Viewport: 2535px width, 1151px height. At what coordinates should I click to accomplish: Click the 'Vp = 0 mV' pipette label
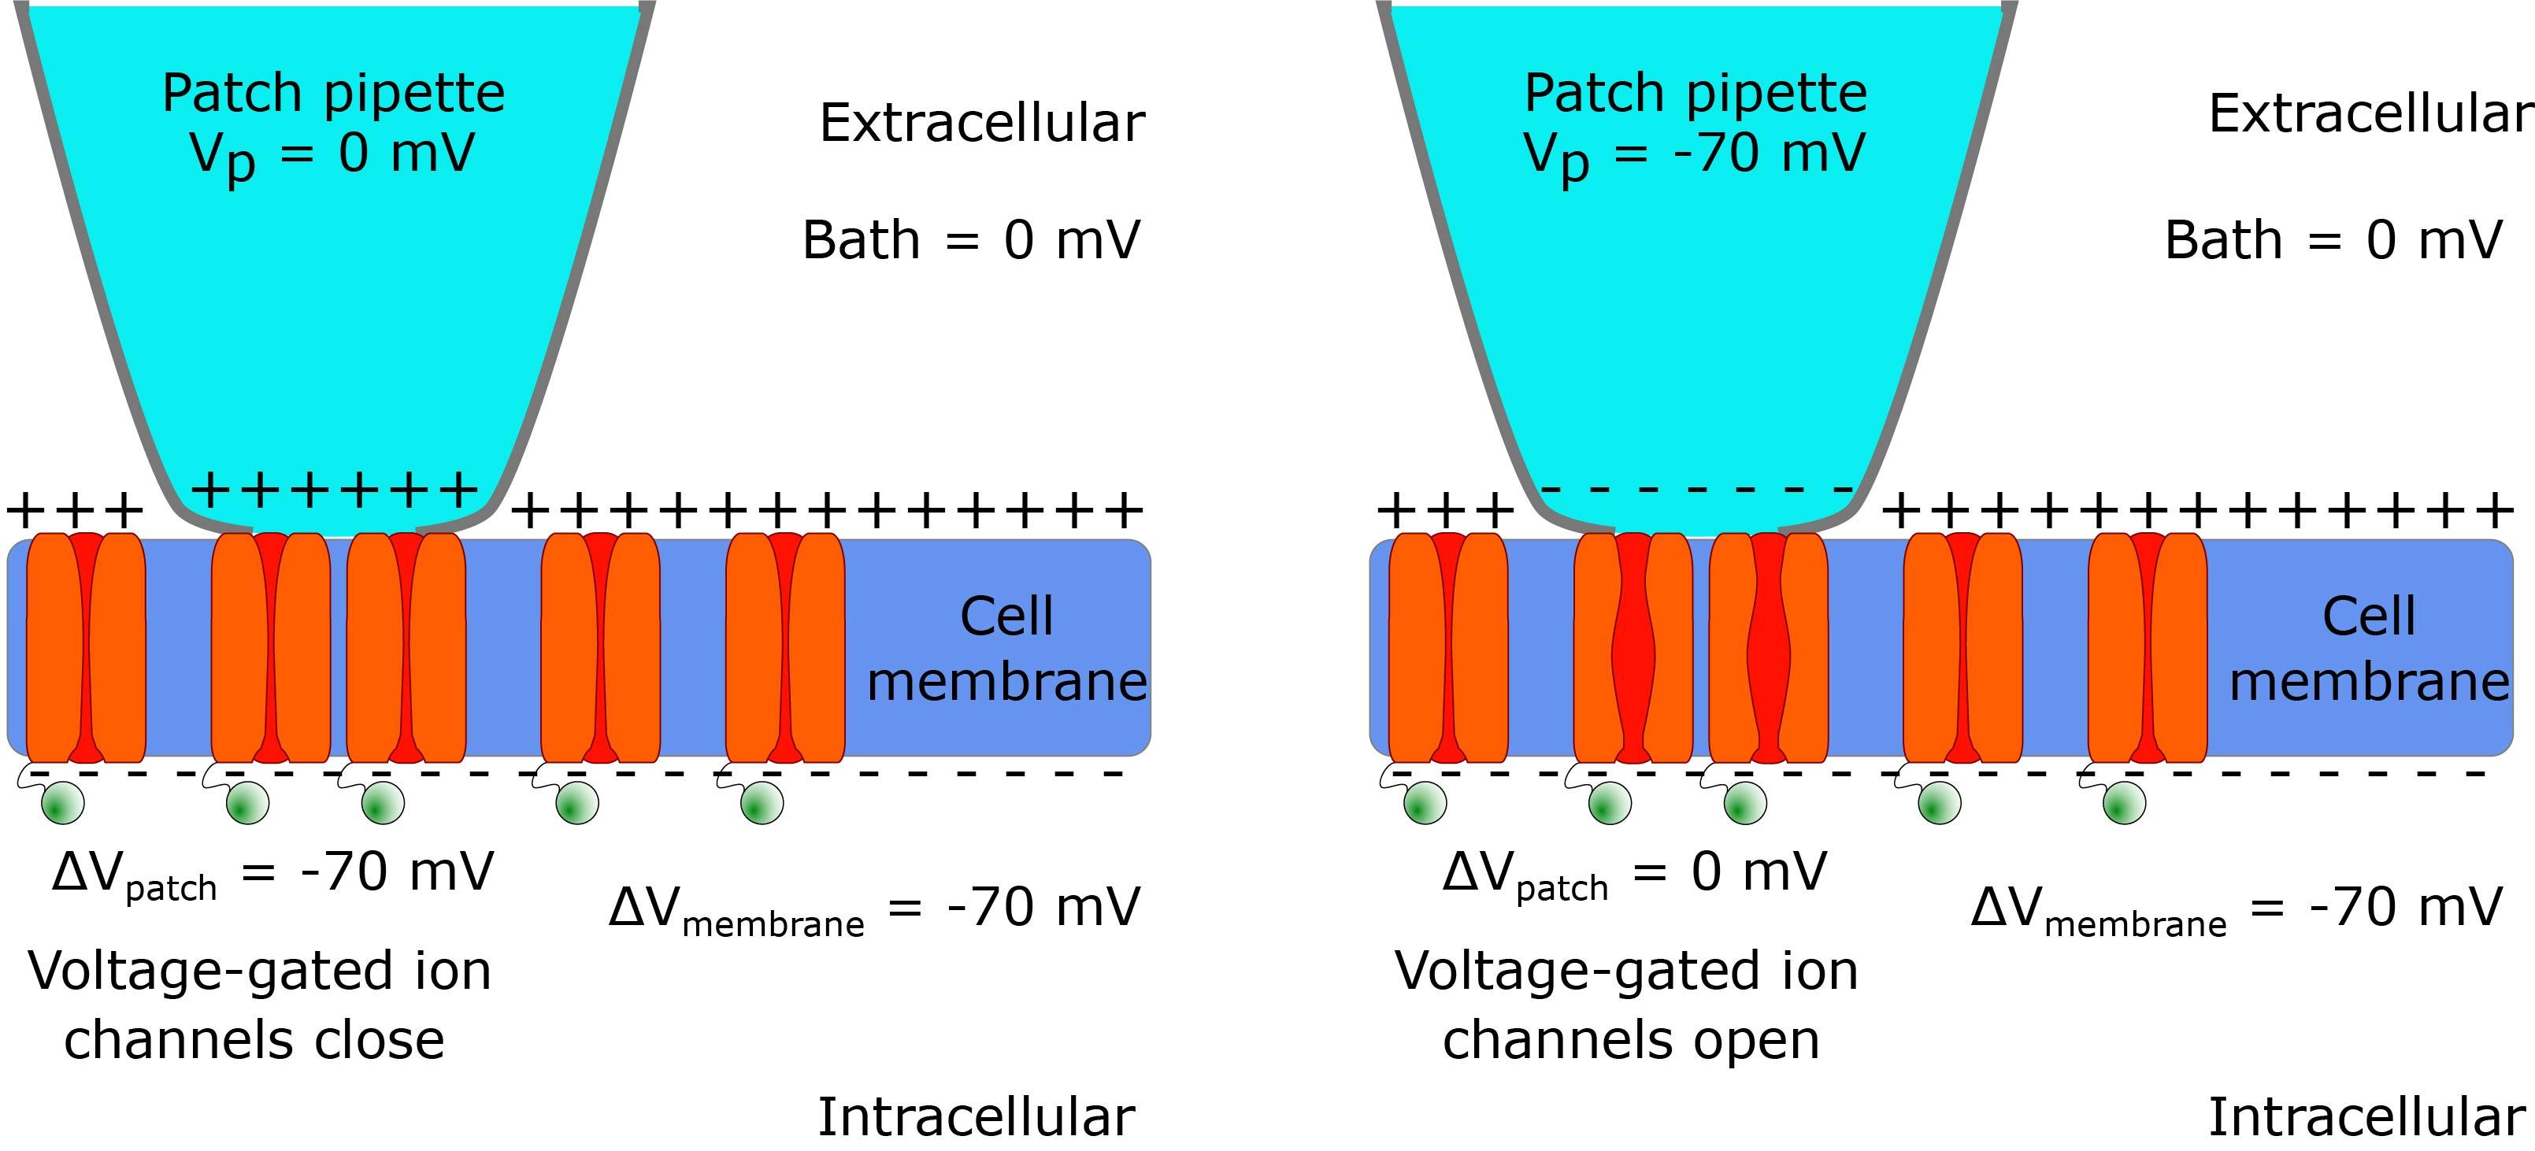pyautogui.click(x=332, y=154)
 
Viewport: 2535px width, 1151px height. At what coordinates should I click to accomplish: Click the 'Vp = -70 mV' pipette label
pyautogui.click(x=1694, y=154)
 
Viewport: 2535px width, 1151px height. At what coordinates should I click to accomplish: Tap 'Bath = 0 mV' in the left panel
pyautogui.click(x=971, y=240)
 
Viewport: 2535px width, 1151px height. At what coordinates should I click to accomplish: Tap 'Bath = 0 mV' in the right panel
pyautogui.click(x=2333, y=240)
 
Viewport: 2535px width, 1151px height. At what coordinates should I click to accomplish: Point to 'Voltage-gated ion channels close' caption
pyautogui.click(x=258, y=1005)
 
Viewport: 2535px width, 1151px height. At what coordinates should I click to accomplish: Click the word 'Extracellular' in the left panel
pyautogui.click(x=982, y=123)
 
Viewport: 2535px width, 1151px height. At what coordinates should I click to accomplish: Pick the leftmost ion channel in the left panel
pyautogui.click(x=86, y=647)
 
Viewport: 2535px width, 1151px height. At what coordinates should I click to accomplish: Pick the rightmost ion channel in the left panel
pyautogui.click(x=785, y=647)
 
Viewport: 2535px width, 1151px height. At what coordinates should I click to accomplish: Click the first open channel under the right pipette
pyautogui.click(x=1633, y=647)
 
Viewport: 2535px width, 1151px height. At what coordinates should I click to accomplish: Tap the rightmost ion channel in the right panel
pyautogui.click(x=2148, y=647)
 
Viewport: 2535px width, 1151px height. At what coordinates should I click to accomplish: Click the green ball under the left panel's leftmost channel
pyautogui.click(x=63, y=804)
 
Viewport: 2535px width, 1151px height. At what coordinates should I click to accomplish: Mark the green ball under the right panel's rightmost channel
pyautogui.click(x=2124, y=804)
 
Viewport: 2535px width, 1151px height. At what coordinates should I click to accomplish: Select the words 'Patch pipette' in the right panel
pyautogui.click(x=1696, y=94)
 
